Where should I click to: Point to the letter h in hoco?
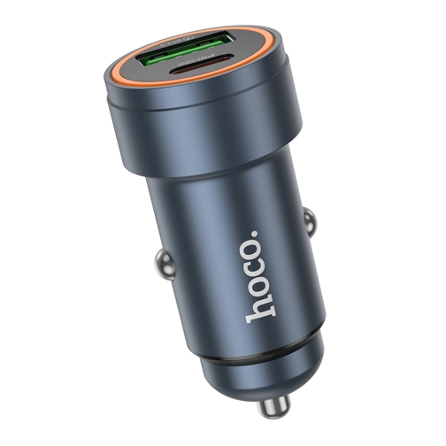(x=260, y=306)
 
